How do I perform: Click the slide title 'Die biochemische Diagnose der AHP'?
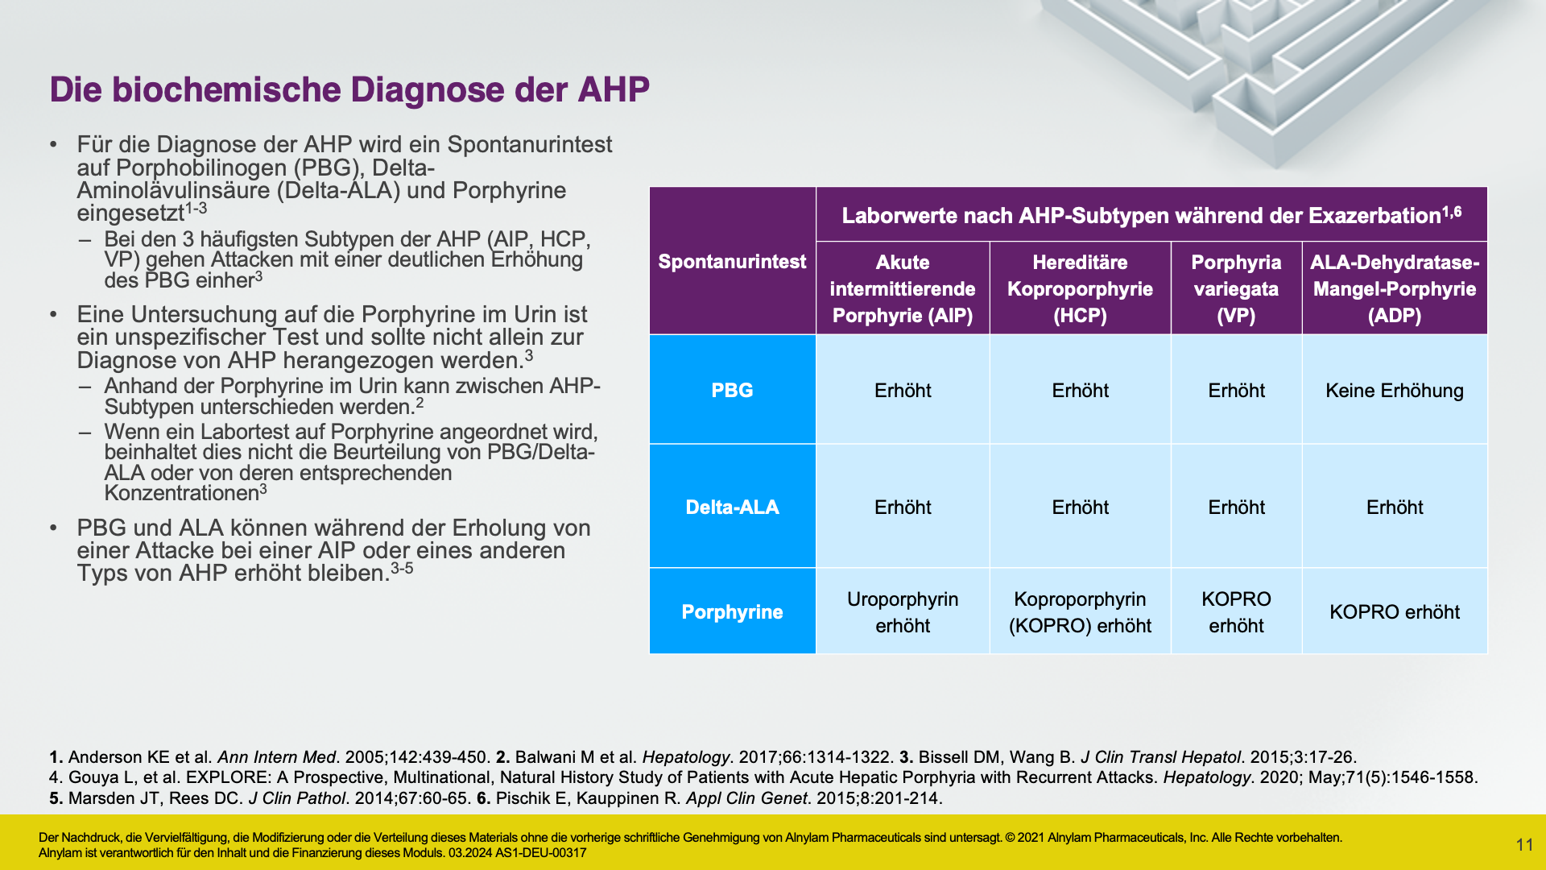(x=349, y=89)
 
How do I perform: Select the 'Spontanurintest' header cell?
(x=732, y=261)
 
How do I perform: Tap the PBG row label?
(x=732, y=390)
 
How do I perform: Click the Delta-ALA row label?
(x=732, y=507)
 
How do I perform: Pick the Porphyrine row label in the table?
(x=732, y=611)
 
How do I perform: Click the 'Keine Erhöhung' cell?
(x=1395, y=390)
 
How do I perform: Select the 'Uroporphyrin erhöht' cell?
(x=903, y=611)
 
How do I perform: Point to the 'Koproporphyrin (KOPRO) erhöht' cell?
(x=1080, y=611)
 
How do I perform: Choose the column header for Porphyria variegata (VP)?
(x=1236, y=288)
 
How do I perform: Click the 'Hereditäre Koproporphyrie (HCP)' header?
(x=1080, y=288)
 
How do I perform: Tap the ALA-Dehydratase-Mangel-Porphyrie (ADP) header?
(x=1395, y=288)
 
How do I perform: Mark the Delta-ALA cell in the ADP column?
(x=1395, y=507)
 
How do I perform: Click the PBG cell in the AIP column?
(x=903, y=390)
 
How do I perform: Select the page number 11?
(x=1524, y=844)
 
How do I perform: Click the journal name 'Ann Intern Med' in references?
(x=276, y=757)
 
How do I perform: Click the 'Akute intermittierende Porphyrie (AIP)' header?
(x=903, y=288)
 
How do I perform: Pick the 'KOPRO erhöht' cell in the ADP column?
(x=1395, y=611)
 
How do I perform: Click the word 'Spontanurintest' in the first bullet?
(x=530, y=144)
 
